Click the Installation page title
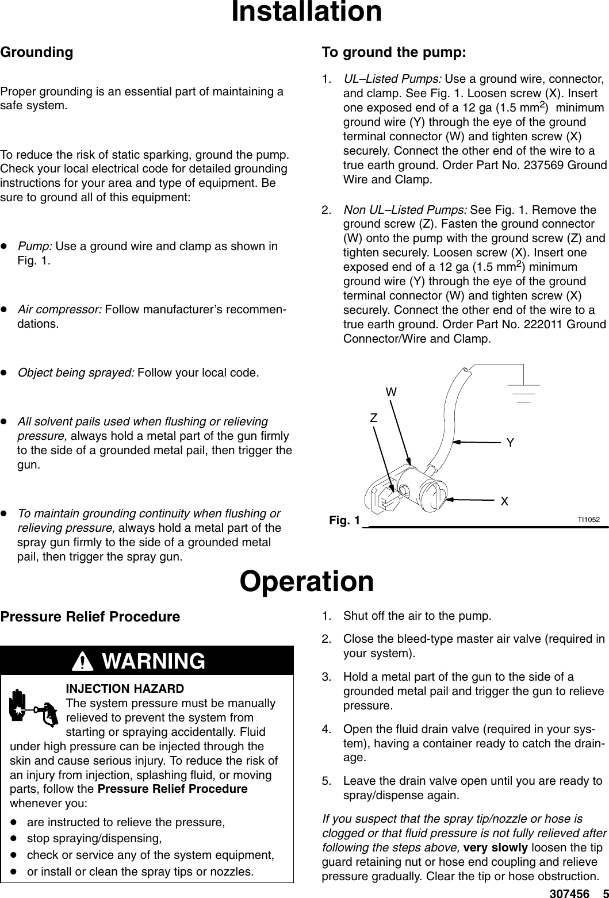click(x=306, y=12)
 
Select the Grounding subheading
click(x=37, y=52)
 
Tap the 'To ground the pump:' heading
click(x=394, y=52)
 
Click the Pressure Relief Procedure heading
click(x=90, y=617)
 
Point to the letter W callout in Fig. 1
click(x=391, y=392)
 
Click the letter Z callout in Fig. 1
click(x=374, y=418)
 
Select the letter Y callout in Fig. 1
click(x=510, y=443)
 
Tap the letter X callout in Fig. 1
click(x=504, y=501)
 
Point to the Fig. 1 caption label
click(x=344, y=520)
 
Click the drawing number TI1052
click(x=589, y=520)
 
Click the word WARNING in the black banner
click(x=153, y=661)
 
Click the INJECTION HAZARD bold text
click(x=125, y=689)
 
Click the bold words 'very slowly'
click(x=495, y=848)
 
